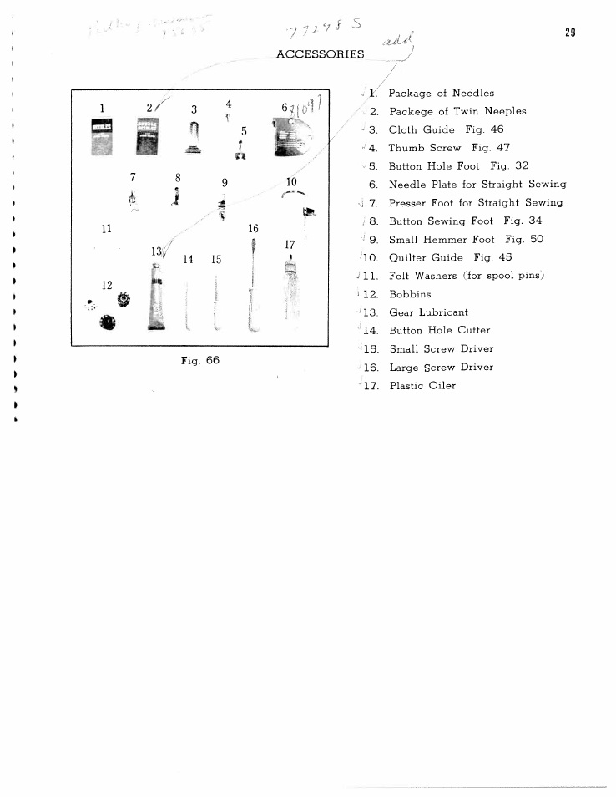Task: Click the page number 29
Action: click(570, 33)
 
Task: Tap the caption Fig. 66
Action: click(199, 360)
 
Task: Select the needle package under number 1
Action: click(102, 136)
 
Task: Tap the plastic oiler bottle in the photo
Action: click(290, 292)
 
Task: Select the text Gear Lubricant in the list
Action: click(428, 312)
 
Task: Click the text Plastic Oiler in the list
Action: click(422, 386)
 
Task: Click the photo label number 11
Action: click(106, 228)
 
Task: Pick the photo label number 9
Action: click(225, 183)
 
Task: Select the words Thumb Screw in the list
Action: click(425, 148)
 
